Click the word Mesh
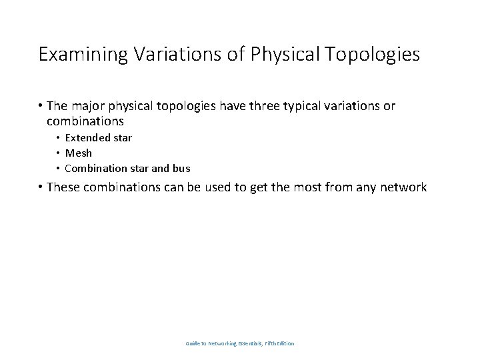click(x=78, y=153)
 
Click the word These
click(x=66, y=187)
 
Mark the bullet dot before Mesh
click(x=58, y=153)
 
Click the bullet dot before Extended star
click(x=58, y=138)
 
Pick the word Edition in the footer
click(x=284, y=344)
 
